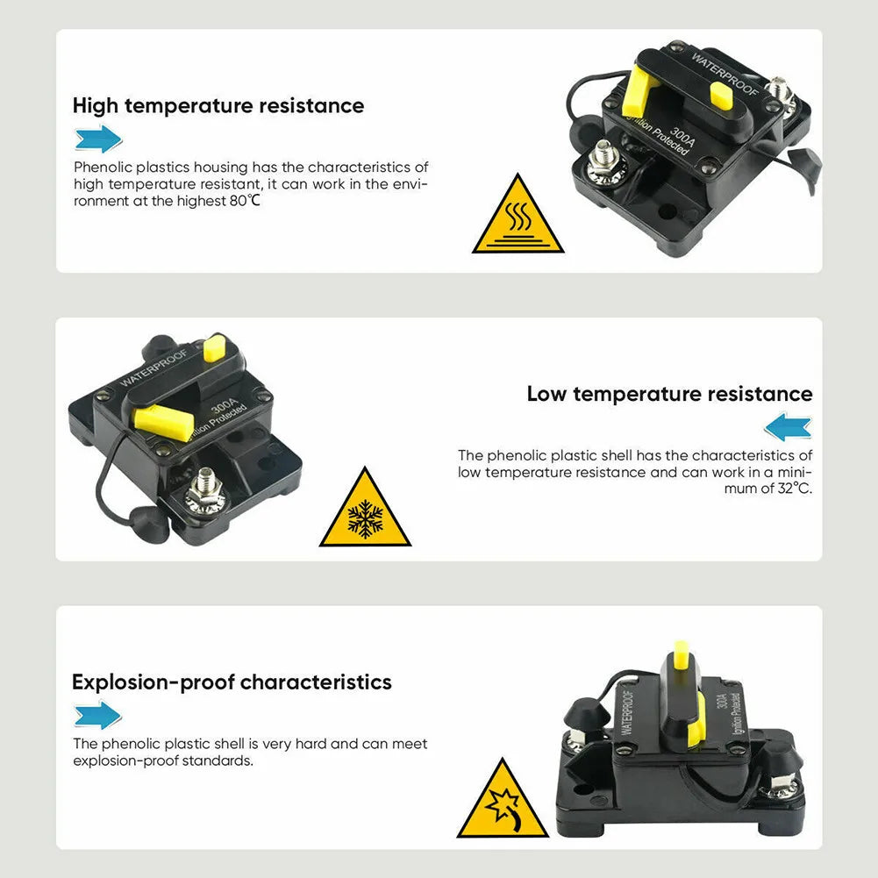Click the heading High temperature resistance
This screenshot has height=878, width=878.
tap(218, 106)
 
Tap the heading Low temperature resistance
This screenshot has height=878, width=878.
tap(670, 394)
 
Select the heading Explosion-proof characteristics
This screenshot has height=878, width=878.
tap(232, 682)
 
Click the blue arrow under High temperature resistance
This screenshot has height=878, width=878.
tap(98, 139)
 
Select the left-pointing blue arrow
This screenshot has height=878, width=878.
tap(788, 426)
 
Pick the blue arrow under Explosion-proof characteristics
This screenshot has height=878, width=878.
tap(98, 715)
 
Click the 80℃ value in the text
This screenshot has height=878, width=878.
tap(245, 201)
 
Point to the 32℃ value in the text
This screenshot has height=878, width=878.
tap(795, 489)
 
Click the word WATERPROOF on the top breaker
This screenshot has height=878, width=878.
tap(725, 75)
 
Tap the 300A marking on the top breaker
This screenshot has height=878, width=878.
tap(682, 136)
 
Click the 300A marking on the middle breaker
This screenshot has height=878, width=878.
tap(224, 404)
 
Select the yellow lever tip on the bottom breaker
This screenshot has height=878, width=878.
tap(681, 655)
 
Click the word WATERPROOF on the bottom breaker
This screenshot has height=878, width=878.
tap(627, 711)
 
